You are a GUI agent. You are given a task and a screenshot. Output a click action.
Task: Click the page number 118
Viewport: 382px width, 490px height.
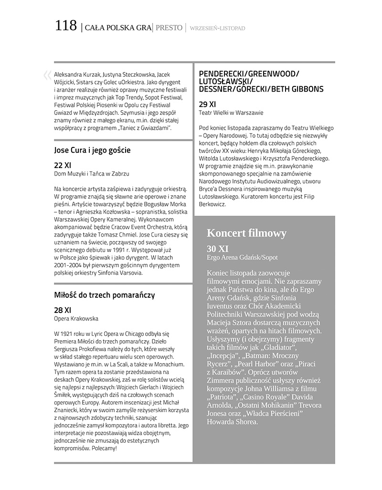(65, 26)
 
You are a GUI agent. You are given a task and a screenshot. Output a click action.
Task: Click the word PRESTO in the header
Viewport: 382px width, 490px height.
(169, 28)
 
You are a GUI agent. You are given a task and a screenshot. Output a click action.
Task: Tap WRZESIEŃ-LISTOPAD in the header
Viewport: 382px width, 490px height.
(217, 28)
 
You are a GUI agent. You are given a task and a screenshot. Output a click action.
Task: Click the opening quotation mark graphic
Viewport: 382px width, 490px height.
(47, 75)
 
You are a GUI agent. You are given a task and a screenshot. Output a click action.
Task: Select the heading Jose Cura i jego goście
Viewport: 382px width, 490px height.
(93, 150)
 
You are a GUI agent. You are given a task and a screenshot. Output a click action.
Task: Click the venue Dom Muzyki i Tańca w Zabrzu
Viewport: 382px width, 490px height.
(92, 174)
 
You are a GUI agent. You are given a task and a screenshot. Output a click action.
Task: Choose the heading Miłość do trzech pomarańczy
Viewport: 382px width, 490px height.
(105, 295)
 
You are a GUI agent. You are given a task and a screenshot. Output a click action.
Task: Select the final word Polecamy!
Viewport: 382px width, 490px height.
(102, 448)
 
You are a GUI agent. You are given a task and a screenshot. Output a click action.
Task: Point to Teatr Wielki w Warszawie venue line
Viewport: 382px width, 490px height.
(231, 113)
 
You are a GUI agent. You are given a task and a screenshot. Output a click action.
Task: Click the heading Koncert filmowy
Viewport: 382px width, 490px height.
(246, 233)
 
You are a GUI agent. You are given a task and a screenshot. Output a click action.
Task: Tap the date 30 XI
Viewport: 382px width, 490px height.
(218, 249)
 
